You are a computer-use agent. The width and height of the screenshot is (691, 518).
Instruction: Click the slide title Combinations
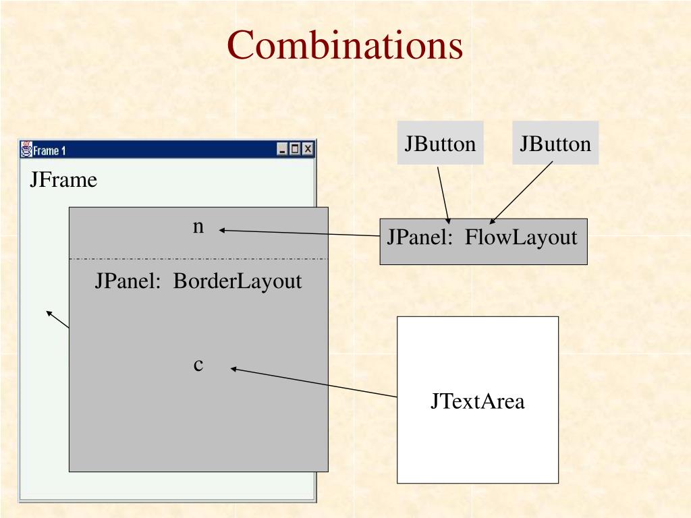pyautogui.click(x=345, y=47)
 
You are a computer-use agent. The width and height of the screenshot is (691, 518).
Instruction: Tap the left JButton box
pyautogui.click(x=440, y=143)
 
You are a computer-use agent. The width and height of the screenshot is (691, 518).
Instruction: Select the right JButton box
pyautogui.click(x=555, y=143)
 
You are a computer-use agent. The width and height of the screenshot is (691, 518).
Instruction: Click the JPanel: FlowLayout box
pyautogui.click(x=483, y=240)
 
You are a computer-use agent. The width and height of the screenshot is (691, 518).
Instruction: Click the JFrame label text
pyautogui.click(x=63, y=180)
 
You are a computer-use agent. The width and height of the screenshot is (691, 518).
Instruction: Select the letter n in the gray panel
pyautogui.click(x=198, y=227)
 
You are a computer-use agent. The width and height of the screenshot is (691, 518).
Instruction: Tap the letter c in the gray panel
pyautogui.click(x=198, y=365)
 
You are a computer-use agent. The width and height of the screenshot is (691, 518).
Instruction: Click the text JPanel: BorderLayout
pyautogui.click(x=198, y=281)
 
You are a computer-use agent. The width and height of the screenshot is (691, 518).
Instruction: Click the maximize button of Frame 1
pyautogui.click(x=295, y=150)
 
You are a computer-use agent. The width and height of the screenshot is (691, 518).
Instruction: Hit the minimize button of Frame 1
pyautogui.click(x=283, y=150)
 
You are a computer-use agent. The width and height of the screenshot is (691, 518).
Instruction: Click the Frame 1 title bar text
pyautogui.click(x=50, y=150)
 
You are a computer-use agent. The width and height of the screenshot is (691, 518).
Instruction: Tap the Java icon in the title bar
pyautogui.click(x=27, y=149)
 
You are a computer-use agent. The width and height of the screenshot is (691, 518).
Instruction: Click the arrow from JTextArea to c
pyautogui.click(x=314, y=382)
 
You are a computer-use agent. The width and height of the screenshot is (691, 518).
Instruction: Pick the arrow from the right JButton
pyautogui.click(x=522, y=192)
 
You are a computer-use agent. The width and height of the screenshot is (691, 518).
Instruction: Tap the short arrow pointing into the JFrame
pyautogui.click(x=57, y=319)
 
